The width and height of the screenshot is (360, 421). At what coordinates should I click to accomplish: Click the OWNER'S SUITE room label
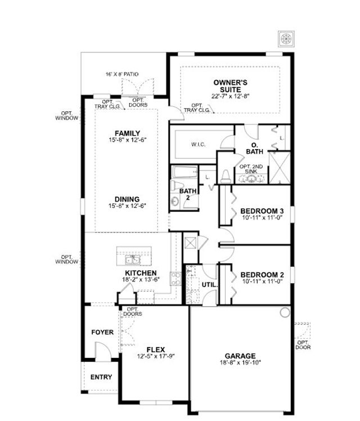pyautogui.click(x=231, y=86)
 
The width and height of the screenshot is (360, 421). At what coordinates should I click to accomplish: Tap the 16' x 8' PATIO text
pyautogui.click(x=114, y=74)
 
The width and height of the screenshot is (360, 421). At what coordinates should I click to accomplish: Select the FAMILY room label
pyautogui.click(x=127, y=133)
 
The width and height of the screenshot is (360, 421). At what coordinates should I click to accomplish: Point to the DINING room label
pyautogui.click(x=127, y=199)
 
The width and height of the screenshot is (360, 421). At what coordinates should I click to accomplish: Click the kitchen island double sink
pyautogui.click(x=133, y=259)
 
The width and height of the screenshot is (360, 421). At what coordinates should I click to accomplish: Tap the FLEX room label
pyautogui.click(x=155, y=350)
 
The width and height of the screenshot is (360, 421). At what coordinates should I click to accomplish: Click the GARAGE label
pyautogui.click(x=240, y=356)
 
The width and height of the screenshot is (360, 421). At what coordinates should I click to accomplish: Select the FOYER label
pyautogui.click(x=102, y=333)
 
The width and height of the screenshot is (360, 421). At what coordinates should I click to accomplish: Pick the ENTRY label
pyautogui.click(x=101, y=377)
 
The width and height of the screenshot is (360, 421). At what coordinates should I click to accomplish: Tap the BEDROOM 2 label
pyautogui.click(x=262, y=275)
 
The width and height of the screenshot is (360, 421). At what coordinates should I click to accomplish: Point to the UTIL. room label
pyautogui.click(x=209, y=285)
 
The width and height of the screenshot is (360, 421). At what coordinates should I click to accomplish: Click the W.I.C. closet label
pyautogui.click(x=197, y=145)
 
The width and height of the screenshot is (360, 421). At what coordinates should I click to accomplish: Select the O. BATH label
pyautogui.click(x=254, y=148)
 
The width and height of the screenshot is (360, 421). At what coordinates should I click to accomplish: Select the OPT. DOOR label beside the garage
pyautogui.click(x=303, y=344)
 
